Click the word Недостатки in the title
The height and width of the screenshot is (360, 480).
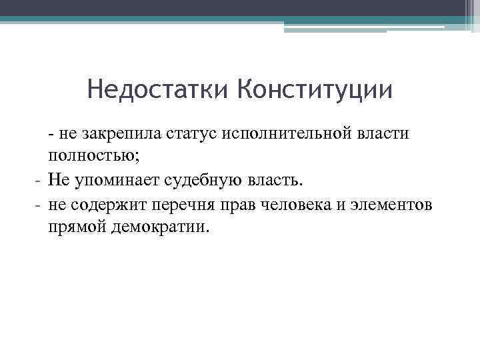coord(158,89)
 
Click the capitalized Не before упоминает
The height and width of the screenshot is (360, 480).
coord(57,180)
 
